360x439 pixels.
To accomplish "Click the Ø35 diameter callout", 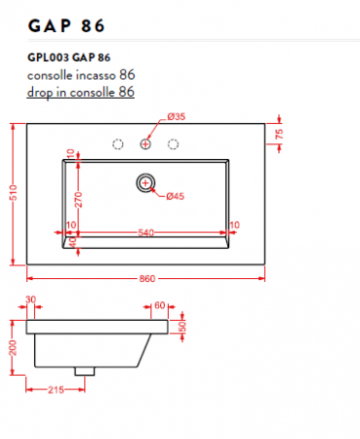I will click(177, 117).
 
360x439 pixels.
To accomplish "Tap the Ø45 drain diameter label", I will click(177, 196).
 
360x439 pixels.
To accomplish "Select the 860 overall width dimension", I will click(147, 279).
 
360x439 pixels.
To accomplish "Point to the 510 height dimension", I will click(13, 195).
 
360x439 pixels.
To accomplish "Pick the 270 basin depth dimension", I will click(77, 201).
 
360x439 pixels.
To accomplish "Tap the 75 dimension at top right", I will click(279, 136).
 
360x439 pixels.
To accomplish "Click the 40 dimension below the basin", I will click(72, 242).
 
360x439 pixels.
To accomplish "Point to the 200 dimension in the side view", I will click(13, 347).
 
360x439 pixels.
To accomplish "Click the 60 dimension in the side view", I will click(161, 304).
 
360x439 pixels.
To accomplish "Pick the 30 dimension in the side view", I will click(30, 300).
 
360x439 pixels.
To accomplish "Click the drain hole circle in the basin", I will click(146, 181).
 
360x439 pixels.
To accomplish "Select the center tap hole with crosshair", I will click(146, 144).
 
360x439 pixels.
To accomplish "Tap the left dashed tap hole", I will click(118, 144).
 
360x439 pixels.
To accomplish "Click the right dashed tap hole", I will click(175, 144).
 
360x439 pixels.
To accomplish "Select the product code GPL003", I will click(48, 57).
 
